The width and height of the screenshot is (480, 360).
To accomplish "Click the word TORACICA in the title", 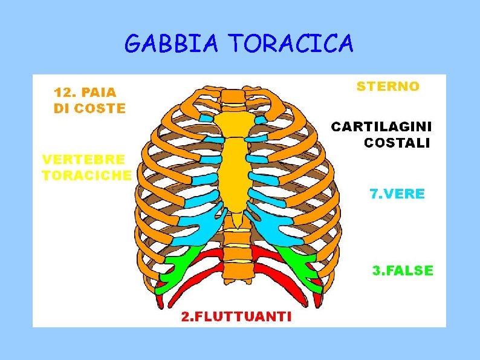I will (x=290, y=44).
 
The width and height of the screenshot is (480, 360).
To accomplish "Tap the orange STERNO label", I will (x=388, y=86).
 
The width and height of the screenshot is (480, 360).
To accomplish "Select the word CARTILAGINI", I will (x=381, y=127).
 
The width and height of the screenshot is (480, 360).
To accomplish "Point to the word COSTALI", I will (x=397, y=143).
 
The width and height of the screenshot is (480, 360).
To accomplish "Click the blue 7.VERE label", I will (x=397, y=194).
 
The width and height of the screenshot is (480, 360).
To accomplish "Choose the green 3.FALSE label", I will (x=403, y=270).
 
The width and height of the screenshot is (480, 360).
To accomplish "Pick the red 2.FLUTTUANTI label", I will (x=236, y=316).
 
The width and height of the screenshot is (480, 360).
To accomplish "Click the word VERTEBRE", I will (x=83, y=159).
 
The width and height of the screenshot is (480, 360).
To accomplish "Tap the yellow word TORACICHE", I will (x=86, y=175).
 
